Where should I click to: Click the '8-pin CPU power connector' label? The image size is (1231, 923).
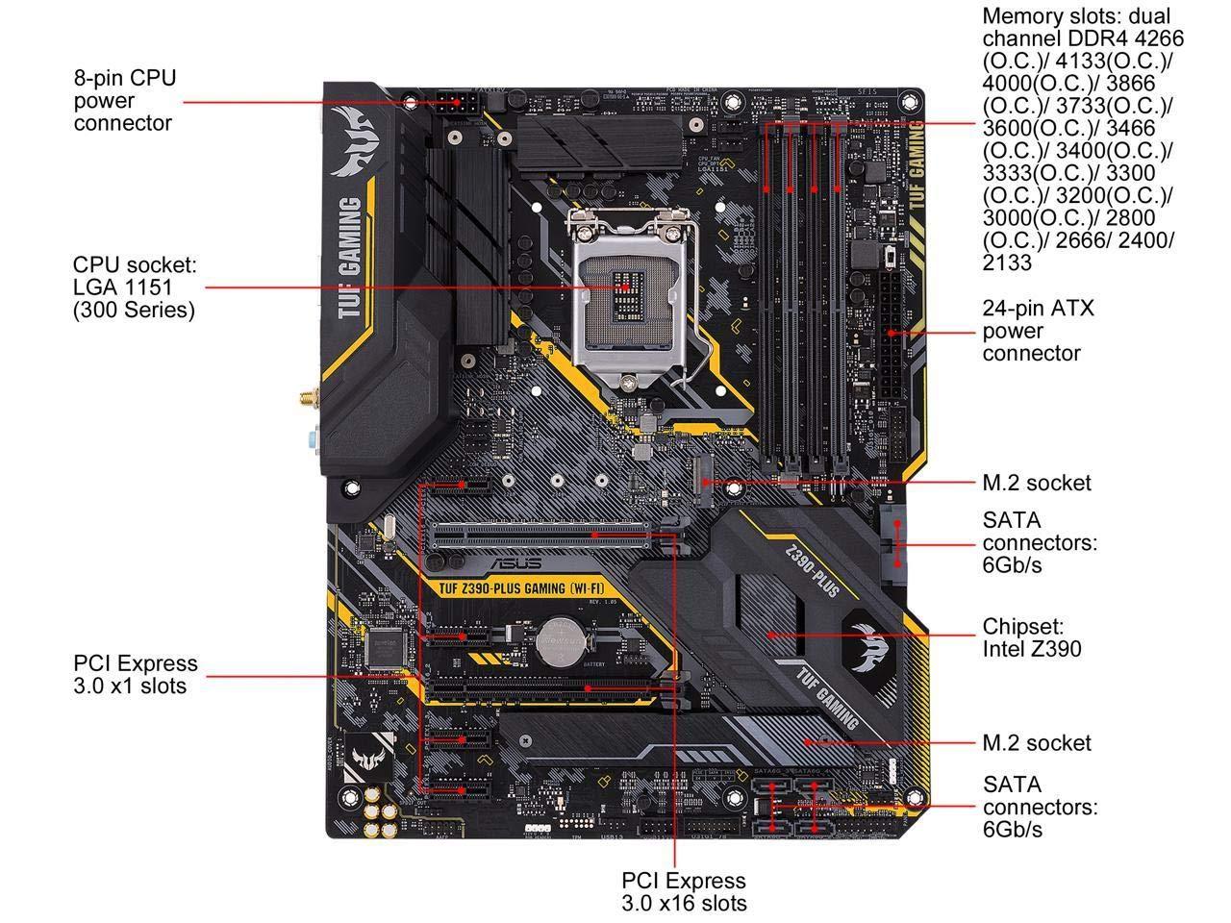125,100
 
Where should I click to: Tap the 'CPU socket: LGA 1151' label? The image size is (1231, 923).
134,287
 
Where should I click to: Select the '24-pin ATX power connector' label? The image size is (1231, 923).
1024,331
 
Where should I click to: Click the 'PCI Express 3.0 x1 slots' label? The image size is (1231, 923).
135,674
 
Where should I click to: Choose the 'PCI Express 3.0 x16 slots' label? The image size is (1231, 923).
683,891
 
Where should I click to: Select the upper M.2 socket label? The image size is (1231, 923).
1037,483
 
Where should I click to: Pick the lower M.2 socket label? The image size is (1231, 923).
1037,743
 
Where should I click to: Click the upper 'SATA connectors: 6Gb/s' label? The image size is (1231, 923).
1039,542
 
